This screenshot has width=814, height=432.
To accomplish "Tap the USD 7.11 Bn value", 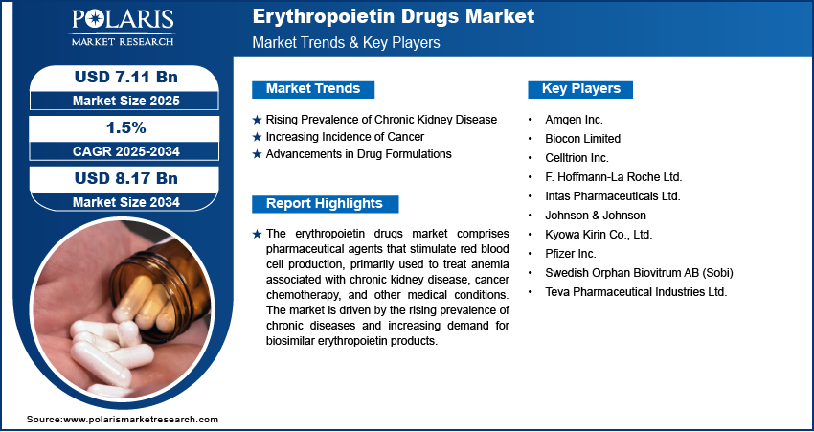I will point(118,76).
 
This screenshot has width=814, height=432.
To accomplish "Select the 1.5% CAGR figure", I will point(118,127).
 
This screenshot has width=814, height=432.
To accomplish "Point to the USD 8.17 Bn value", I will point(118,178).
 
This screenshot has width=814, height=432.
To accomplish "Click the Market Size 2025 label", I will point(118,100).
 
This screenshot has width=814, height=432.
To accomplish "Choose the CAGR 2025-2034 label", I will point(118,150).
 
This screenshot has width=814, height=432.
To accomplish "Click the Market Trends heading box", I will point(313,89).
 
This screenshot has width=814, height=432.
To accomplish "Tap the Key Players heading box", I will point(580,89).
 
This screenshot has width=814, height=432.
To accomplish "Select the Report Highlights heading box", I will point(325,203).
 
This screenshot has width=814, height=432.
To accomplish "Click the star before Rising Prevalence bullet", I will point(257,120).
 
